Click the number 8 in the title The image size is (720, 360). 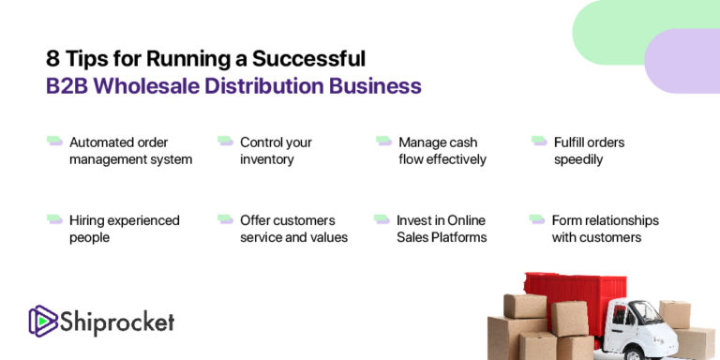(x=52, y=59)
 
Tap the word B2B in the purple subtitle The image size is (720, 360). (x=67, y=86)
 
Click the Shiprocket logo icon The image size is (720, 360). (x=42, y=322)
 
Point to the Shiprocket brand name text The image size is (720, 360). (x=118, y=323)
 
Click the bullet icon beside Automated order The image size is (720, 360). (x=54, y=142)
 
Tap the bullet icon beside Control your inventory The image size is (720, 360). (x=225, y=142)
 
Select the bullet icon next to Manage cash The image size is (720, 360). (x=383, y=142)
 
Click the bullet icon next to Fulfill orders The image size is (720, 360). (x=539, y=142)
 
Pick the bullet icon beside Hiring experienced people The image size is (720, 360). (x=54, y=219)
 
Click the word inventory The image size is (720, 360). (x=267, y=159)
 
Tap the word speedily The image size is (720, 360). (x=578, y=159)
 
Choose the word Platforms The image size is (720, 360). (x=458, y=237)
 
